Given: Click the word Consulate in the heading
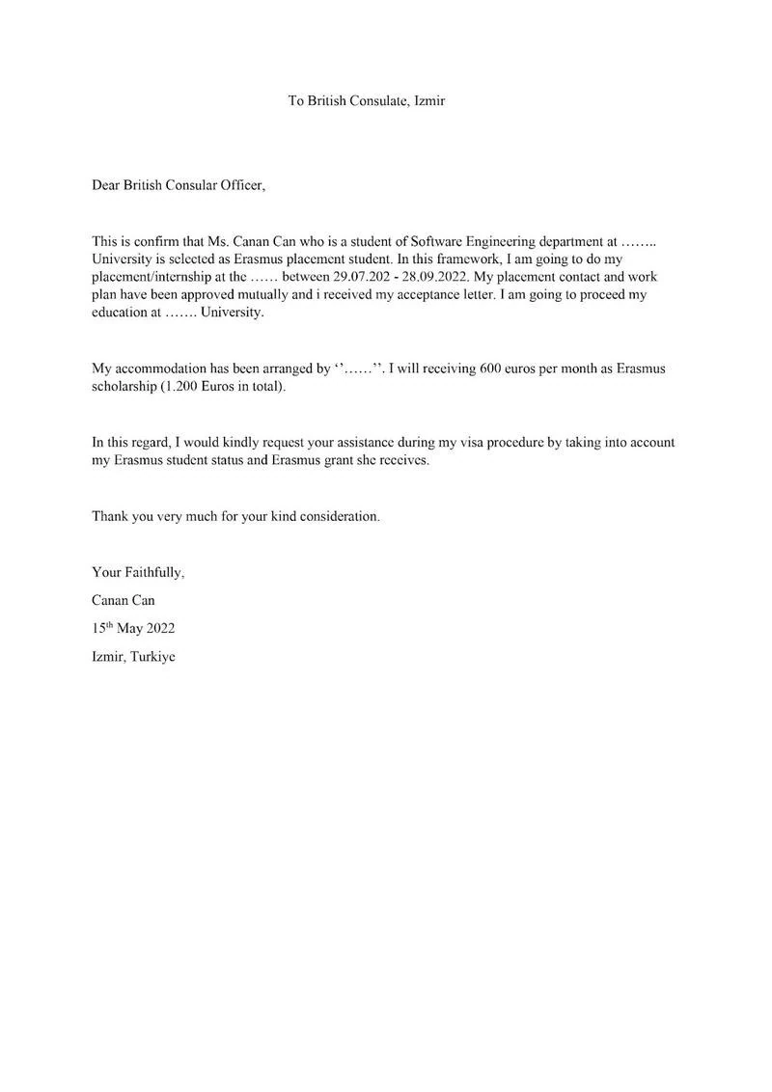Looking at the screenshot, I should pos(379,100).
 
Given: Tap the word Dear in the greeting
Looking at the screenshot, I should pos(106,184).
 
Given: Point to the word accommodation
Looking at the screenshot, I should pos(162,369).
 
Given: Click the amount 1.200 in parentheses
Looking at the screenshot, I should pos(192,388).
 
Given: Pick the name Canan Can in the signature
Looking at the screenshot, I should pos(124,600).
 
